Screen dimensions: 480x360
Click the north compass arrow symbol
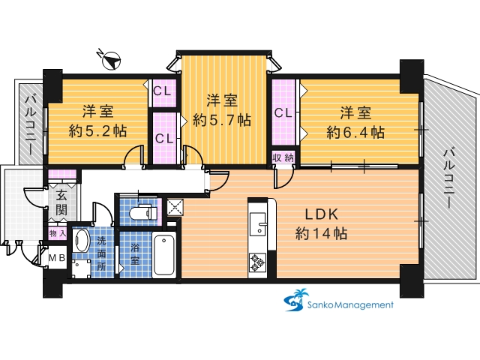point(112,61)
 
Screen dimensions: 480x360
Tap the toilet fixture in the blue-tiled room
point(143,212)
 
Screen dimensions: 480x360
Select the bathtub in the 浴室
point(164,255)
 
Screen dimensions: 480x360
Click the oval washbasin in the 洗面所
point(81,240)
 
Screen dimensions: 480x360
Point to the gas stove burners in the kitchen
point(257,263)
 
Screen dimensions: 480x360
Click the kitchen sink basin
point(258,223)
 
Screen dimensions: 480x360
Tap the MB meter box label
point(57,258)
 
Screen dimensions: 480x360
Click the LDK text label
point(322,214)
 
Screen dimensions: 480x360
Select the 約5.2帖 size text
point(97,131)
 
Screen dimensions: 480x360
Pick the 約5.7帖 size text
point(222,120)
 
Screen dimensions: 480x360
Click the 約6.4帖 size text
point(355,133)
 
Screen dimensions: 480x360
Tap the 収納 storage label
point(283,158)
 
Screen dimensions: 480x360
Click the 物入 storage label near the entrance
point(58,234)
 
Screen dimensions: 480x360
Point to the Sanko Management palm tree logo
point(296,300)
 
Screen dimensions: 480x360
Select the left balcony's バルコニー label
point(31,125)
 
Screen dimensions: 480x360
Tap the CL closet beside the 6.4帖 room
point(283,113)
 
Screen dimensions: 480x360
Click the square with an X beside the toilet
point(175,207)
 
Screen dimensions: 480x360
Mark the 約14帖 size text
point(322,233)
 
